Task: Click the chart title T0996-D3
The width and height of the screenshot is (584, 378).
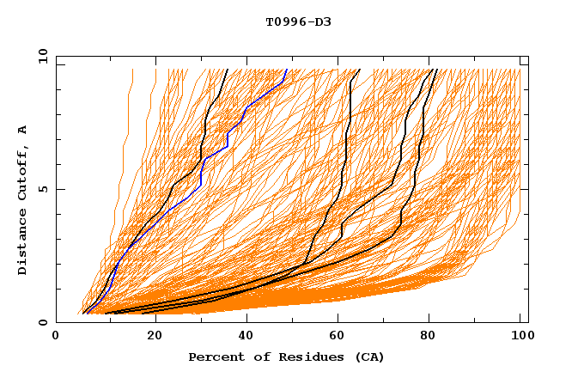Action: pos(298,21)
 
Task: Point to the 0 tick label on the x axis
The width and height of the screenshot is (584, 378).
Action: pos(56,337)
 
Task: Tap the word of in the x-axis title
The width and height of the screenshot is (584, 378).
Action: pos(254,357)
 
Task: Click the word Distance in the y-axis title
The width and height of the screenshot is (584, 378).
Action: pos(22,245)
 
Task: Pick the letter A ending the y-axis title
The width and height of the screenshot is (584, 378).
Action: pos(22,129)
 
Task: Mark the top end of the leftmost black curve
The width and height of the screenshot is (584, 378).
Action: pos(227,70)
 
